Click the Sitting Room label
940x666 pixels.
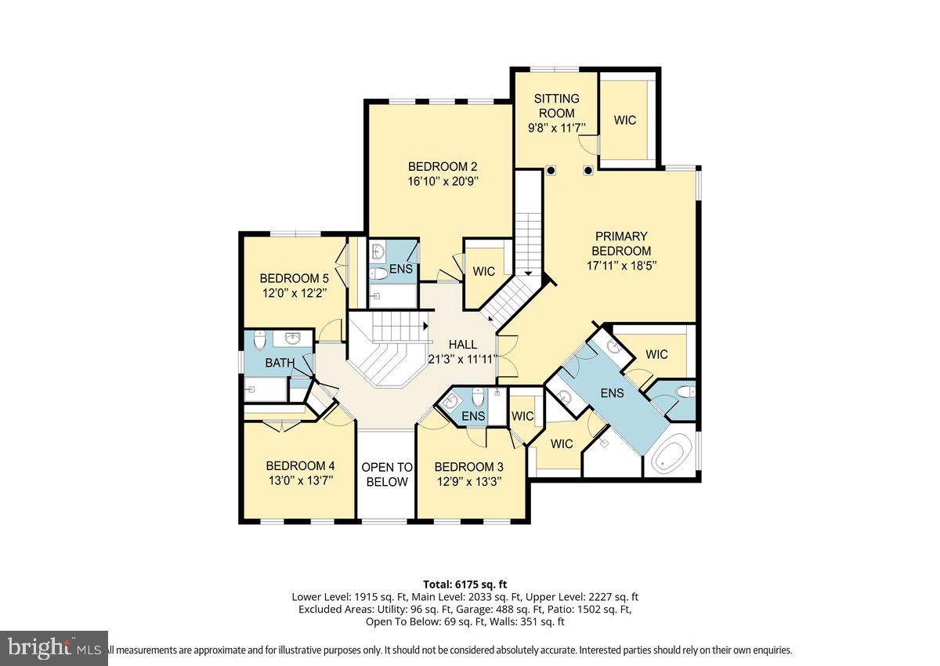557,106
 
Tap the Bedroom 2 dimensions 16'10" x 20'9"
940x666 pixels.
443,181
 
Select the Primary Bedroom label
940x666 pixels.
621,243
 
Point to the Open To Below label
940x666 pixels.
386,475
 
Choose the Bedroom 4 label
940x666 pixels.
300,465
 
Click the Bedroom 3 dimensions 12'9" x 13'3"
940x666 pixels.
468,481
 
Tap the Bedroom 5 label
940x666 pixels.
294,278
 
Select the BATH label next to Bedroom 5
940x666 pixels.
280,363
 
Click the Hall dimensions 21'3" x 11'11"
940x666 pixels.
462,360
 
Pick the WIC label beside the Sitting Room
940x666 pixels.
625,120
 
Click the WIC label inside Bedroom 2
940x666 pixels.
484,271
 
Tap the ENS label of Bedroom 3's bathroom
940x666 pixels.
473,416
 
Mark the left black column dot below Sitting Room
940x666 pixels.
551,170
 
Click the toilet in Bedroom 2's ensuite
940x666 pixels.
379,273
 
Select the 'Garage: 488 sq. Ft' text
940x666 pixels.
461,609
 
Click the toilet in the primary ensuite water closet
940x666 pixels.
684,392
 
